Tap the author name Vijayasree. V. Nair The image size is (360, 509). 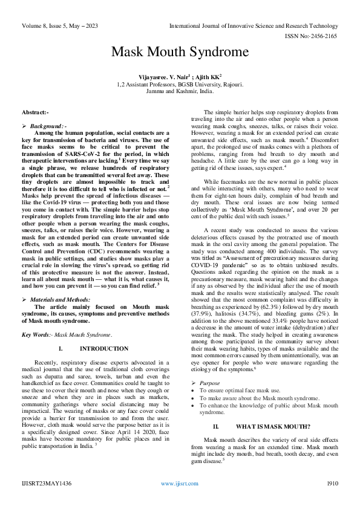pyautogui.click(x=164, y=77)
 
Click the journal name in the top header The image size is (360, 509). pyautogui.click(x=254, y=26)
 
